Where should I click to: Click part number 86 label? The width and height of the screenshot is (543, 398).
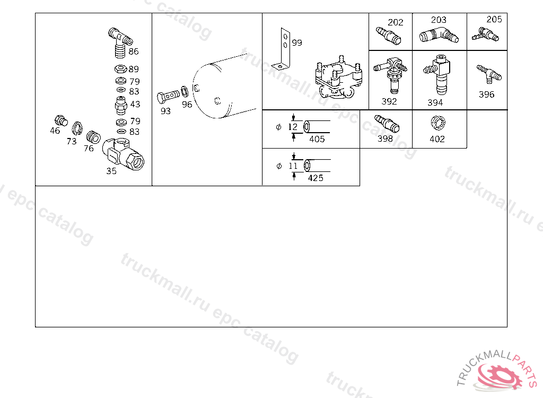click(x=134, y=51)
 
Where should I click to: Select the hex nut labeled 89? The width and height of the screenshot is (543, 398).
click(x=120, y=68)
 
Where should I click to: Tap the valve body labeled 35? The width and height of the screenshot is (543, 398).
click(x=123, y=154)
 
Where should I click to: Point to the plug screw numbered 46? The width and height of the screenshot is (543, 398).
click(x=62, y=120)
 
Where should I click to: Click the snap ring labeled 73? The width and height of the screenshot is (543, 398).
click(x=77, y=128)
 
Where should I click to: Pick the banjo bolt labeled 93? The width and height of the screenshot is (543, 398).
click(x=168, y=97)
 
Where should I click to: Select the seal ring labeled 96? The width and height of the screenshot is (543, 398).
click(x=185, y=92)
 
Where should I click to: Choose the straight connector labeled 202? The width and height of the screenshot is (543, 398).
click(x=388, y=36)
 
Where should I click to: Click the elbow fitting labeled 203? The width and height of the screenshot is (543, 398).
click(x=439, y=35)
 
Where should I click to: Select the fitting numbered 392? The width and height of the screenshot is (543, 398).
click(x=391, y=74)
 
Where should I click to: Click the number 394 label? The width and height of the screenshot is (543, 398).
click(x=435, y=102)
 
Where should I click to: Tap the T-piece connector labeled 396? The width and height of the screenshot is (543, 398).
click(x=489, y=74)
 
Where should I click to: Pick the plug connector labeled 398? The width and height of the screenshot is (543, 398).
click(x=387, y=124)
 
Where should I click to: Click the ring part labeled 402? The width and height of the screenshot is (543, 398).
click(x=438, y=123)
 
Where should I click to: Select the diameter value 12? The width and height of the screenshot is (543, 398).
click(x=293, y=127)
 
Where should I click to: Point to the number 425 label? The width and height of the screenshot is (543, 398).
click(x=316, y=178)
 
